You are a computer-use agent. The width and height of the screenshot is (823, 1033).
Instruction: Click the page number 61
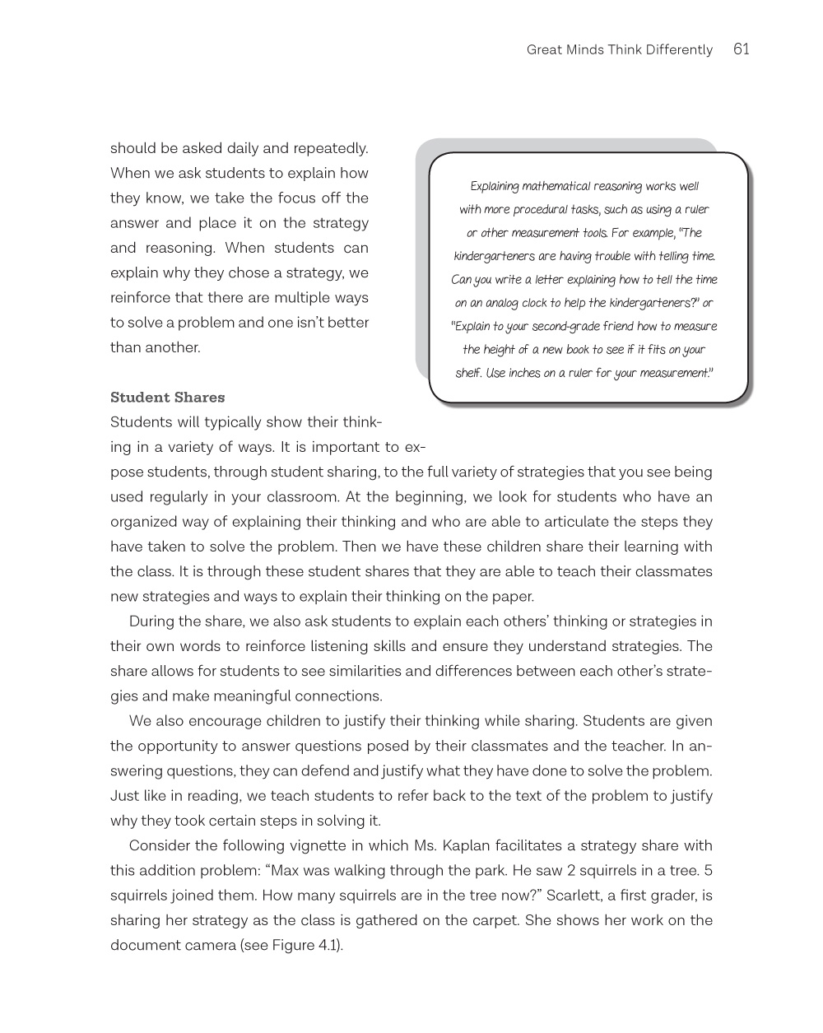(741, 49)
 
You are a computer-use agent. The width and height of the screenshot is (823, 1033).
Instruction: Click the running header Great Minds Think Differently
(619, 50)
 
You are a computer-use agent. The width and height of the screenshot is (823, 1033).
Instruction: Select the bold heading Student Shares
(167, 398)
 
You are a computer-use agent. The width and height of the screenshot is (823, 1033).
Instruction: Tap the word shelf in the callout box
(468, 373)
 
